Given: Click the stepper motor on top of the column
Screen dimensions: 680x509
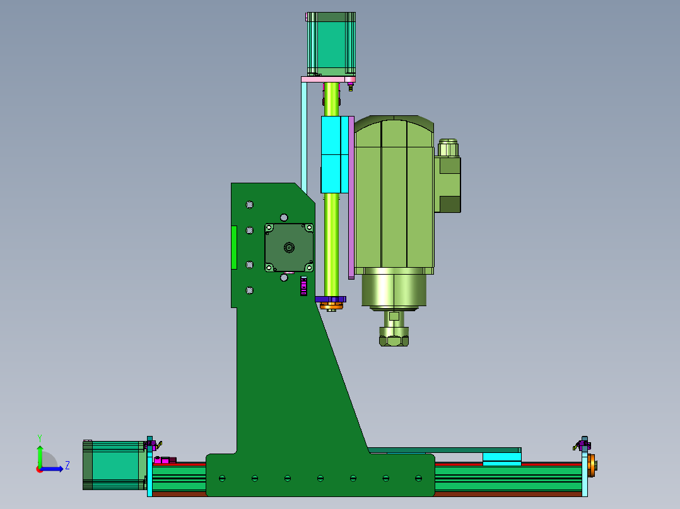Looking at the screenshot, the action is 331,43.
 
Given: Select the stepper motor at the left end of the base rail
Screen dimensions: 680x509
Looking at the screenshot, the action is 115,466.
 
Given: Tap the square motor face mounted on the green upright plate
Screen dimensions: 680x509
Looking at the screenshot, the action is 290,248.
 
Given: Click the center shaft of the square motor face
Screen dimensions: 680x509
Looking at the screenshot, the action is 290,248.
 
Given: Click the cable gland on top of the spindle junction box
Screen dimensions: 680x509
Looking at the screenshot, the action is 448,147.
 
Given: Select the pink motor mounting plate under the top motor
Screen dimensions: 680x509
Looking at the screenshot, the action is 328,80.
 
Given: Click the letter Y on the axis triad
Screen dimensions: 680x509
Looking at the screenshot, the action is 40,438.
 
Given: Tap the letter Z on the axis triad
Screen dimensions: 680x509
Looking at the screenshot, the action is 67,466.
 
